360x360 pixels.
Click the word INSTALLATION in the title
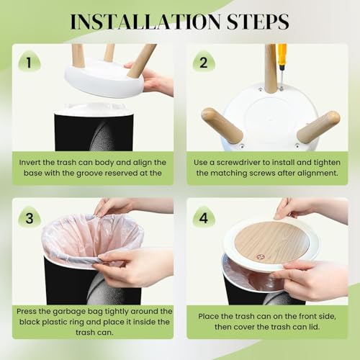pyautogui.click(x=145, y=22)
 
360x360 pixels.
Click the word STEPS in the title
pyautogui.click(x=258, y=22)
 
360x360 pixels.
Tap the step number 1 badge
pyautogui.click(x=30, y=62)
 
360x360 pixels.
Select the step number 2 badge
pyautogui.click(x=204, y=62)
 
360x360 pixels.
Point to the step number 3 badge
pyautogui.click(x=30, y=217)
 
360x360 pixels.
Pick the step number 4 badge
pyautogui.click(x=204, y=217)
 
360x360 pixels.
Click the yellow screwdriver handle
pyautogui.click(x=282, y=54)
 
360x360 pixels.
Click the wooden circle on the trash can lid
pyautogui.click(x=271, y=243)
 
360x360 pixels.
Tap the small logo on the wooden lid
pyautogui.click(x=260, y=257)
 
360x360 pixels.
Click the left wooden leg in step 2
pyautogui.click(x=222, y=125)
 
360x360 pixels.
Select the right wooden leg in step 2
pyautogui.click(x=318, y=127)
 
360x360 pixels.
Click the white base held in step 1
pyautogui.click(x=104, y=78)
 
